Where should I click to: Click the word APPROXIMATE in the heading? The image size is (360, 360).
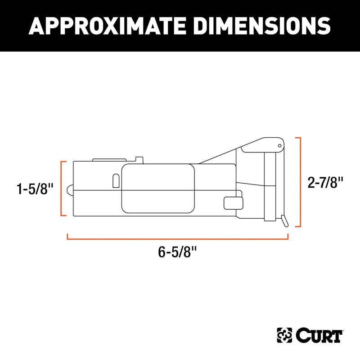(x=107, y=26)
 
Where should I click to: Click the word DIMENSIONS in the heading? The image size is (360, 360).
(x=262, y=26)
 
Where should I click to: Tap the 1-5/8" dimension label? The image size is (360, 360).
(x=35, y=189)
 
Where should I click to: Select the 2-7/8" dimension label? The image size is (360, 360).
(x=325, y=183)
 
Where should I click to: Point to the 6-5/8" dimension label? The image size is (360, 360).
(x=177, y=252)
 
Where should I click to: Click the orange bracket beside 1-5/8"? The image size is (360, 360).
(x=61, y=189)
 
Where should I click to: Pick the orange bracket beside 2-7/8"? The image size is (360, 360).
(x=300, y=182)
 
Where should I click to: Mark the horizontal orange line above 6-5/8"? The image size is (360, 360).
(x=177, y=239)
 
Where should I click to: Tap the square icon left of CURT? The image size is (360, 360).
(x=284, y=335)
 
